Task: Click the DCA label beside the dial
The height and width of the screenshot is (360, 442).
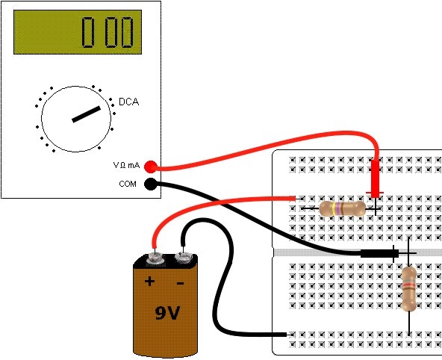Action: (129, 102)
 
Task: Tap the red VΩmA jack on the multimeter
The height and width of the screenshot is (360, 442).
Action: (151, 167)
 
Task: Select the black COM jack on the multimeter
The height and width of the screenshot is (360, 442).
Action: (151, 184)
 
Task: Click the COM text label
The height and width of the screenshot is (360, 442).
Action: (128, 184)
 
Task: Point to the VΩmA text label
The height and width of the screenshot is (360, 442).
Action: (126, 165)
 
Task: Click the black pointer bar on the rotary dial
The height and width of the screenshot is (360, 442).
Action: (87, 114)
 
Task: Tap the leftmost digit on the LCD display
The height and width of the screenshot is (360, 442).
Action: (88, 32)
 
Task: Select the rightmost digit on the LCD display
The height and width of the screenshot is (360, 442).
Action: (127, 32)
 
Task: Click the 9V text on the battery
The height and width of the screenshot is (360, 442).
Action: (167, 313)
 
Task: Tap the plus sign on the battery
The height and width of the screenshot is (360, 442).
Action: (149, 282)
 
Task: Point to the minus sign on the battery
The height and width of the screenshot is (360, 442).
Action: (181, 283)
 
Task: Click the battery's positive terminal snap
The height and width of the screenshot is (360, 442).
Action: (155, 258)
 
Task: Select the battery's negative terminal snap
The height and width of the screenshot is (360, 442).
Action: (184, 258)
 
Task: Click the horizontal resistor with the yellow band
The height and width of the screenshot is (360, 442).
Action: (342, 208)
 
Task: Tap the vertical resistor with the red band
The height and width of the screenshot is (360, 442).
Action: (408, 289)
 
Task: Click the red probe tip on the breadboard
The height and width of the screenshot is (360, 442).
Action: (376, 207)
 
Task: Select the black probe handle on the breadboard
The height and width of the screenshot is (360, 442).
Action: (379, 253)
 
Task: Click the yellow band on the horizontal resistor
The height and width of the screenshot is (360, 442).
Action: (334, 208)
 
